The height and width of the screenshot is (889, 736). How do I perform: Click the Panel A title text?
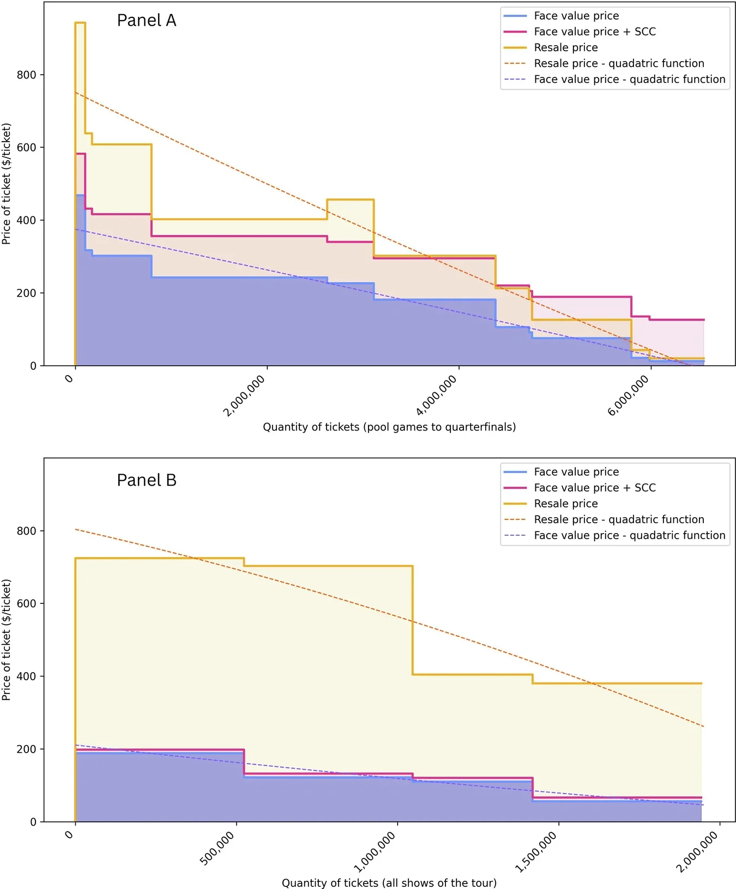coord(147,20)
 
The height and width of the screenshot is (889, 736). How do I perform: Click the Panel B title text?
coord(147,480)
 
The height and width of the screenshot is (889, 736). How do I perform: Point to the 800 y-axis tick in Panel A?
coord(27,75)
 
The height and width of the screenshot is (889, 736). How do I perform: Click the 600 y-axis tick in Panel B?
coord(27,603)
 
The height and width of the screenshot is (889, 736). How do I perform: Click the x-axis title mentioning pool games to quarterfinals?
coord(389,427)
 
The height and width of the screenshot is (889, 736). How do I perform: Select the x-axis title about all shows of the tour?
coord(389,882)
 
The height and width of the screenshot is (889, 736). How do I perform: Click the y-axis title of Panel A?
coord(7,184)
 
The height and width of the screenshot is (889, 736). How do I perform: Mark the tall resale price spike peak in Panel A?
coord(80,23)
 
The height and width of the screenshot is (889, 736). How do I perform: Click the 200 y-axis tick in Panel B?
coord(27,749)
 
